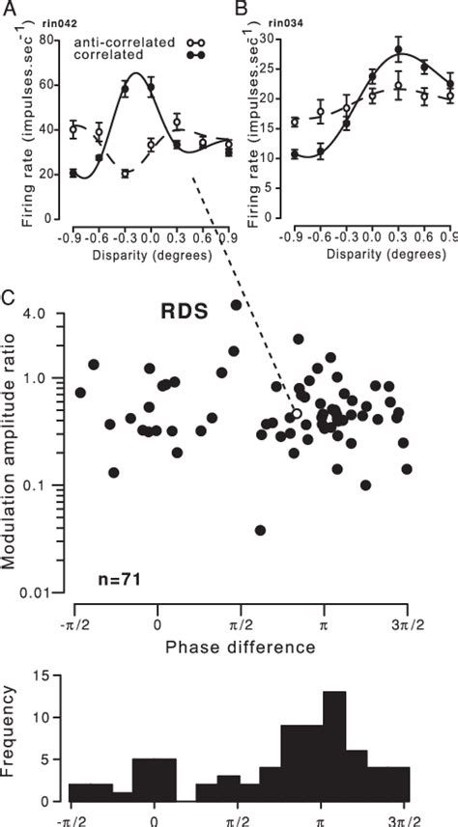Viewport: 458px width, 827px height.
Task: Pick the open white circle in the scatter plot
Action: pos(298,413)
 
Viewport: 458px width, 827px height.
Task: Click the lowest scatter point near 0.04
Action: pos(260,530)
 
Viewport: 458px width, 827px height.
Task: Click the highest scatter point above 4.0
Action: pos(235,305)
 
